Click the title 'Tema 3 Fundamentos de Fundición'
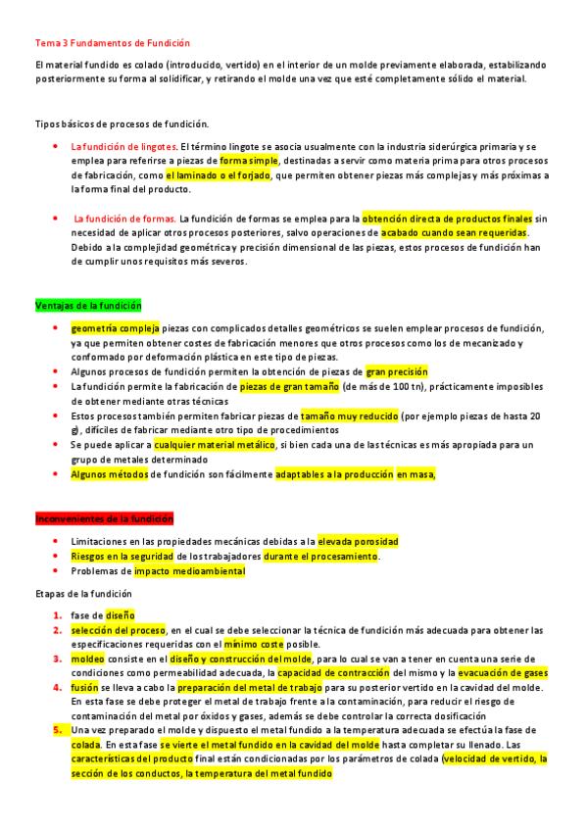(113, 44)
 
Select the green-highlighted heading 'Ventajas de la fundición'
(88, 306)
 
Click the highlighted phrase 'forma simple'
(249, 161)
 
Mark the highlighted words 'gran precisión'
(397, 372)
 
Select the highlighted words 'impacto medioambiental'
(189, 571)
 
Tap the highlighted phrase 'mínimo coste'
(253, 645)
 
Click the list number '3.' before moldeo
(59, 660)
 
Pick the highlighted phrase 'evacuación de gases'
(490, 674)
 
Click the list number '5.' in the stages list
(59, 731)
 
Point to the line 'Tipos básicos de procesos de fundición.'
(122, 123)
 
